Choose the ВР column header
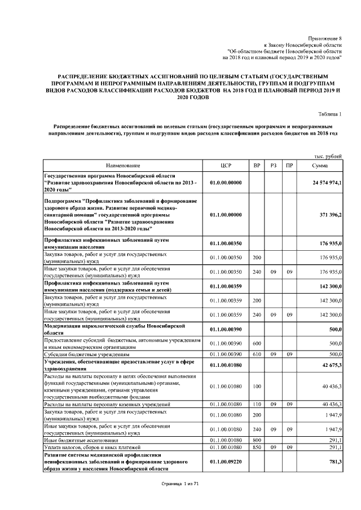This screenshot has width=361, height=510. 257,166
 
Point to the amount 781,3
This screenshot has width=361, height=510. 335,462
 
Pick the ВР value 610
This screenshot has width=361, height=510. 257,354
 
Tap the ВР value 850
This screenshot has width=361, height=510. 257,447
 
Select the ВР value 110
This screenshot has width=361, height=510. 257,404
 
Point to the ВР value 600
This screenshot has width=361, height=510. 257,343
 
